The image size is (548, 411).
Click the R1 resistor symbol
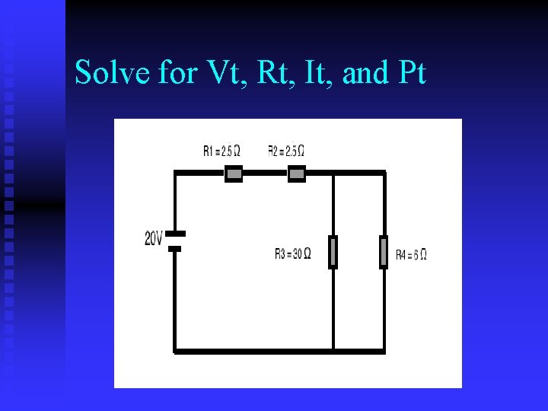pos(234,174)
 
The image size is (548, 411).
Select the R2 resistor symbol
pos(297,174)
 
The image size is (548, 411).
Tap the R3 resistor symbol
pos(333,253)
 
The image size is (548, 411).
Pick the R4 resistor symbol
pos(384,253)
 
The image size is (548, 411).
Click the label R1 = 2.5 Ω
pos(221,151)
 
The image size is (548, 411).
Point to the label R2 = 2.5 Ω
pos(286,151)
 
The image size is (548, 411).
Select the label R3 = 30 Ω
pos(292,254)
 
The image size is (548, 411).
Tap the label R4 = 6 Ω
pos(411,254)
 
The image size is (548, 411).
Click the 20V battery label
pos(153,239)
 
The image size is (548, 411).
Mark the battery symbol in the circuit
pos(175,241)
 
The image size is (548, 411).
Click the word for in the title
pos(176,73)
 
